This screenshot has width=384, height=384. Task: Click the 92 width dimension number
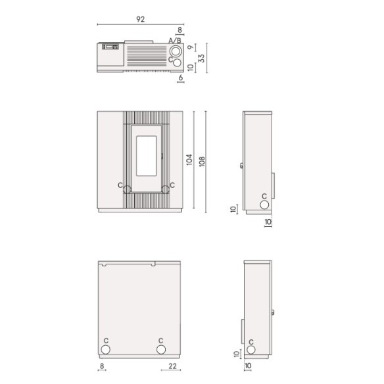[x=140, y=19]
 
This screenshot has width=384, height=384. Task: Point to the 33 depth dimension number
[x=201, y=59]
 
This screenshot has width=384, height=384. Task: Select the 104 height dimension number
[x=189, y=159]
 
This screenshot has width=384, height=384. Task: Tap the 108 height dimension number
[x=202, y=161]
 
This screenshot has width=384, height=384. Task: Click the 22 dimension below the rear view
[x=172, y=366]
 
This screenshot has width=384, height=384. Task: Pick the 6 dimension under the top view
[x=181, y=78]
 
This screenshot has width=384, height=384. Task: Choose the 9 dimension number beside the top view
[x=191, y=47]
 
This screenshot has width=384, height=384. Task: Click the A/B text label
[x=175, y=40]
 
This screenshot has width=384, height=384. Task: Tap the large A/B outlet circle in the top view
[x=176, y=51]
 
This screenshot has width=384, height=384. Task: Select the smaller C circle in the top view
[x=177, y=62]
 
